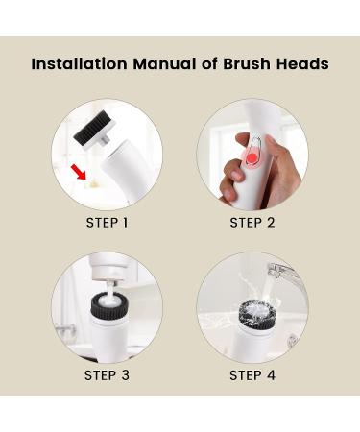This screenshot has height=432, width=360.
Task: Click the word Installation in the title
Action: coord(75,64)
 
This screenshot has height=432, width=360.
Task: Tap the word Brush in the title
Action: coord(248,64)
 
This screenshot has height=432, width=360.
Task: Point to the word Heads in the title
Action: coord(302,64)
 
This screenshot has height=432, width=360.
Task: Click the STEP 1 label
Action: coord(107,223)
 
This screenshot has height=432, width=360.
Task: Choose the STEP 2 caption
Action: coord(252,223)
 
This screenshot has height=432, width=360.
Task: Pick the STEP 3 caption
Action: coord(107,374)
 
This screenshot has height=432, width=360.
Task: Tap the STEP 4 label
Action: coord(252,374)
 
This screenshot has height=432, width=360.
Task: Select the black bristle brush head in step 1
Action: coord(98,123)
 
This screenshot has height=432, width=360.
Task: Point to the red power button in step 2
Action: coord(251,157)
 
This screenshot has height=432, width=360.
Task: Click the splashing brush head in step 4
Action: coord(252,312)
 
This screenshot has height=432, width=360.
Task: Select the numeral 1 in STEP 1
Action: coord(125,223)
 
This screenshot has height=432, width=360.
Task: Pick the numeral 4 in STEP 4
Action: coord(271,374)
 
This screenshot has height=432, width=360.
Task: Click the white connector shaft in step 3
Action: coord(107,284)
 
